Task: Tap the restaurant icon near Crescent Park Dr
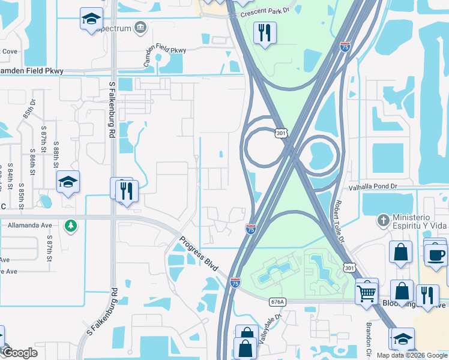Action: click(264, 32)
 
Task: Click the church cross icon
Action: click(384, 220)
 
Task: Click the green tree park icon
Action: click(71, 226)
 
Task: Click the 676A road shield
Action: click(277, 302)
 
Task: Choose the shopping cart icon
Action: click(366, 293)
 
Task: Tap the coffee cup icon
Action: click(436, 255)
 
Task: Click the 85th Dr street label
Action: click(29, 113)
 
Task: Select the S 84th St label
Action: click(10, 178)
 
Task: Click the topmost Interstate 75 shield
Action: click(345, 47)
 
